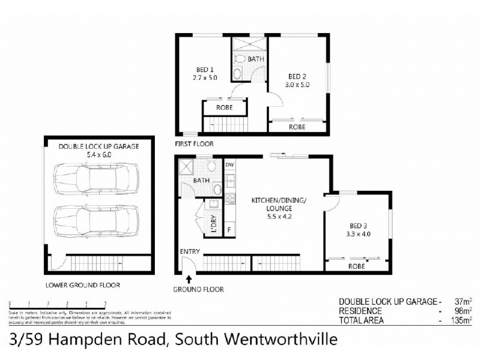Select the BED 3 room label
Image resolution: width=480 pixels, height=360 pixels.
click(x=358, y=226)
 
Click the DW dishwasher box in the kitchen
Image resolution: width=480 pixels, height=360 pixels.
click(x=230, y=164)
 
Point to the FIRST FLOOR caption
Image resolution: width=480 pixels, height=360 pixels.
click(x=193, y=144)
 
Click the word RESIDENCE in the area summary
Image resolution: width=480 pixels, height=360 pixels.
click(x=361, y=311)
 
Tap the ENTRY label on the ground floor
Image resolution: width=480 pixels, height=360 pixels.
click(x=190, y=251)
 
